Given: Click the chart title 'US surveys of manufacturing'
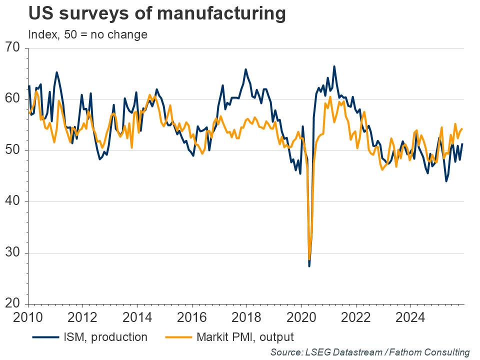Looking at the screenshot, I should (157, 13).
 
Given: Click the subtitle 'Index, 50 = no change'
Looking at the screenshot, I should (87, 34).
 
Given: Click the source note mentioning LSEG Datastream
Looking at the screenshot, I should (369, 352).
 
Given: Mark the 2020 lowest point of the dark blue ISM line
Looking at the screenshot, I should (309, 266).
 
